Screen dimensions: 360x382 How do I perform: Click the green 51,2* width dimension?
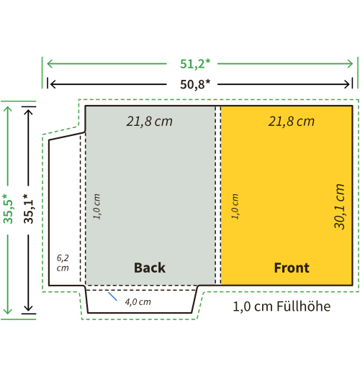pyautogui.click(x=195, y=64)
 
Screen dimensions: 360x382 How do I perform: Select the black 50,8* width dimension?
pyautogui.click(x=195, y=84)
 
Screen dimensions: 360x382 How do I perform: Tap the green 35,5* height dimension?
pyautogui.click(x=8, y=209)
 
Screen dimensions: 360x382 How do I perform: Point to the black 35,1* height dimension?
pyautogui.click(x=29, y=209)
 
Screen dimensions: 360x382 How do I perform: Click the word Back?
pyautogui.click(x=150, y=268)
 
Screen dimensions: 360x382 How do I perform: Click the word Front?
pyautogui.click(x=292, y=268)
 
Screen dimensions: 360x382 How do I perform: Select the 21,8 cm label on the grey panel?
pyautogui.click(x=149, y=122)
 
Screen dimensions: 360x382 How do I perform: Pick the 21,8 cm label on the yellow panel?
pyautogui.click(x=292, y=122)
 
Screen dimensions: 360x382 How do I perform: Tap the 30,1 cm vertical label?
pyautogui.click(x=339, y=206)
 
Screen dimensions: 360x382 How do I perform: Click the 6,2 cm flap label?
pyautogui.click(x=63, y=263)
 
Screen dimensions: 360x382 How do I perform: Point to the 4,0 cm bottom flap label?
pyautogui.click(x=138, y=302)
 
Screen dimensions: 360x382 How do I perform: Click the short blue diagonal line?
pyautogui.click(x=112, y=296)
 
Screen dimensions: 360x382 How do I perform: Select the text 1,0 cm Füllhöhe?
pyautogui.click(x=282, y=306)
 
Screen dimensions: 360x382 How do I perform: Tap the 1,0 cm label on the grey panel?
pyautogui.click(x=96, y=206)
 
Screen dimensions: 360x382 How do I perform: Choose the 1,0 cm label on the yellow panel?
pyautogui.click(x=235, y=206)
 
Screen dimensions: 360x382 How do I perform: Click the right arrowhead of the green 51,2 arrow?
pyautogui.click(x=350, y=64)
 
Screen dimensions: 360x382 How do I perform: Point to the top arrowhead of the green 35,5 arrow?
pyautogui.click(x=8, y=109)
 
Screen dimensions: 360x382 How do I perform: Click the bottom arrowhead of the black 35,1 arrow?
pyautogui.click(x=29, y=308)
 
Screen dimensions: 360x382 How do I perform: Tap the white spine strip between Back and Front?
pyautogui.click(x=218, y=195)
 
